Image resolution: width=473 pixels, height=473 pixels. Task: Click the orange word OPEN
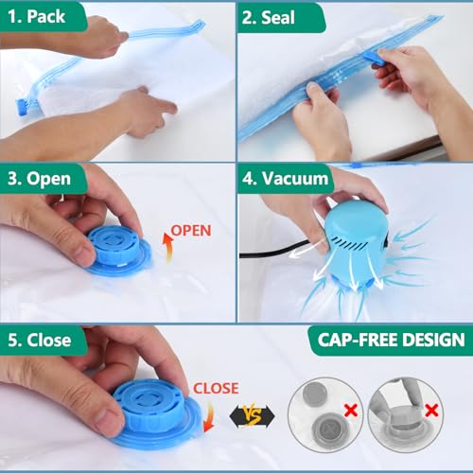(x=191, y=230)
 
